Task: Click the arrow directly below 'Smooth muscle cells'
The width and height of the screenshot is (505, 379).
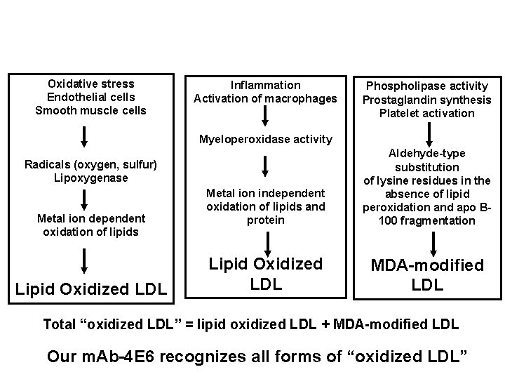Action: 84,135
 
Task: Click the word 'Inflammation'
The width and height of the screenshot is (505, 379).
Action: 265,85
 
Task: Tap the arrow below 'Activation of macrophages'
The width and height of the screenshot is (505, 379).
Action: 266,115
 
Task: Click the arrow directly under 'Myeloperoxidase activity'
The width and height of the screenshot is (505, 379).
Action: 266,166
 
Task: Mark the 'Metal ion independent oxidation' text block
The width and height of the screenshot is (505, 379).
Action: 265,206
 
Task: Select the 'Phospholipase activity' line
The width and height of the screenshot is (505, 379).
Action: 426,86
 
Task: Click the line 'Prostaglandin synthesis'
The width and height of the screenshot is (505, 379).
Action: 426,100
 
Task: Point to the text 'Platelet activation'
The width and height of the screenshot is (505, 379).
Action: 426,113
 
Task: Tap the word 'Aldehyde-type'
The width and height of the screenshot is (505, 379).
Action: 426,154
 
